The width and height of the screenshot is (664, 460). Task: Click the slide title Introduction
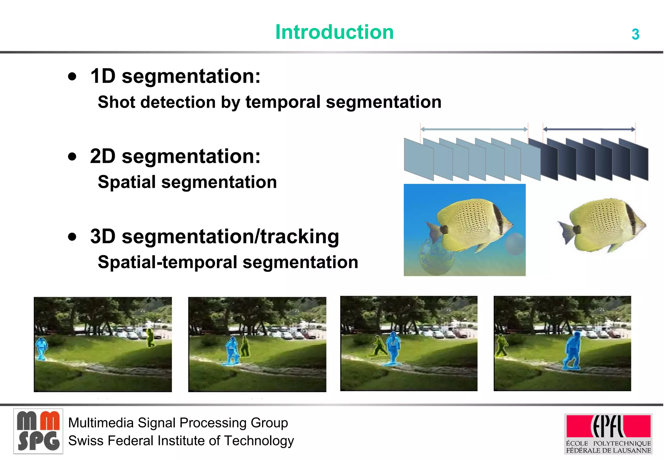(x=334, y=32)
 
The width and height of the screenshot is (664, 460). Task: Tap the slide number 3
(x=635, y=34)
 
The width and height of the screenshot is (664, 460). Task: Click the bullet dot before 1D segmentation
(x=73, y=77)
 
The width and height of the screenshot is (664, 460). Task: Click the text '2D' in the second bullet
(x=102, y=156)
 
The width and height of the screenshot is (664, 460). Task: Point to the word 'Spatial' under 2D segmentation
(x=127, y=182)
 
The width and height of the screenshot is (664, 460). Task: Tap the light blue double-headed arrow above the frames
(x=474, y=129)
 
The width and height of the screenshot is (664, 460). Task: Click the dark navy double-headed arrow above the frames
(x=589, y=129)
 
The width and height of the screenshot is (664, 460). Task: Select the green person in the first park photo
(x=150, y=338)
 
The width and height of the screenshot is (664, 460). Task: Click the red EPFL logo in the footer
(x=608, y=427)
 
